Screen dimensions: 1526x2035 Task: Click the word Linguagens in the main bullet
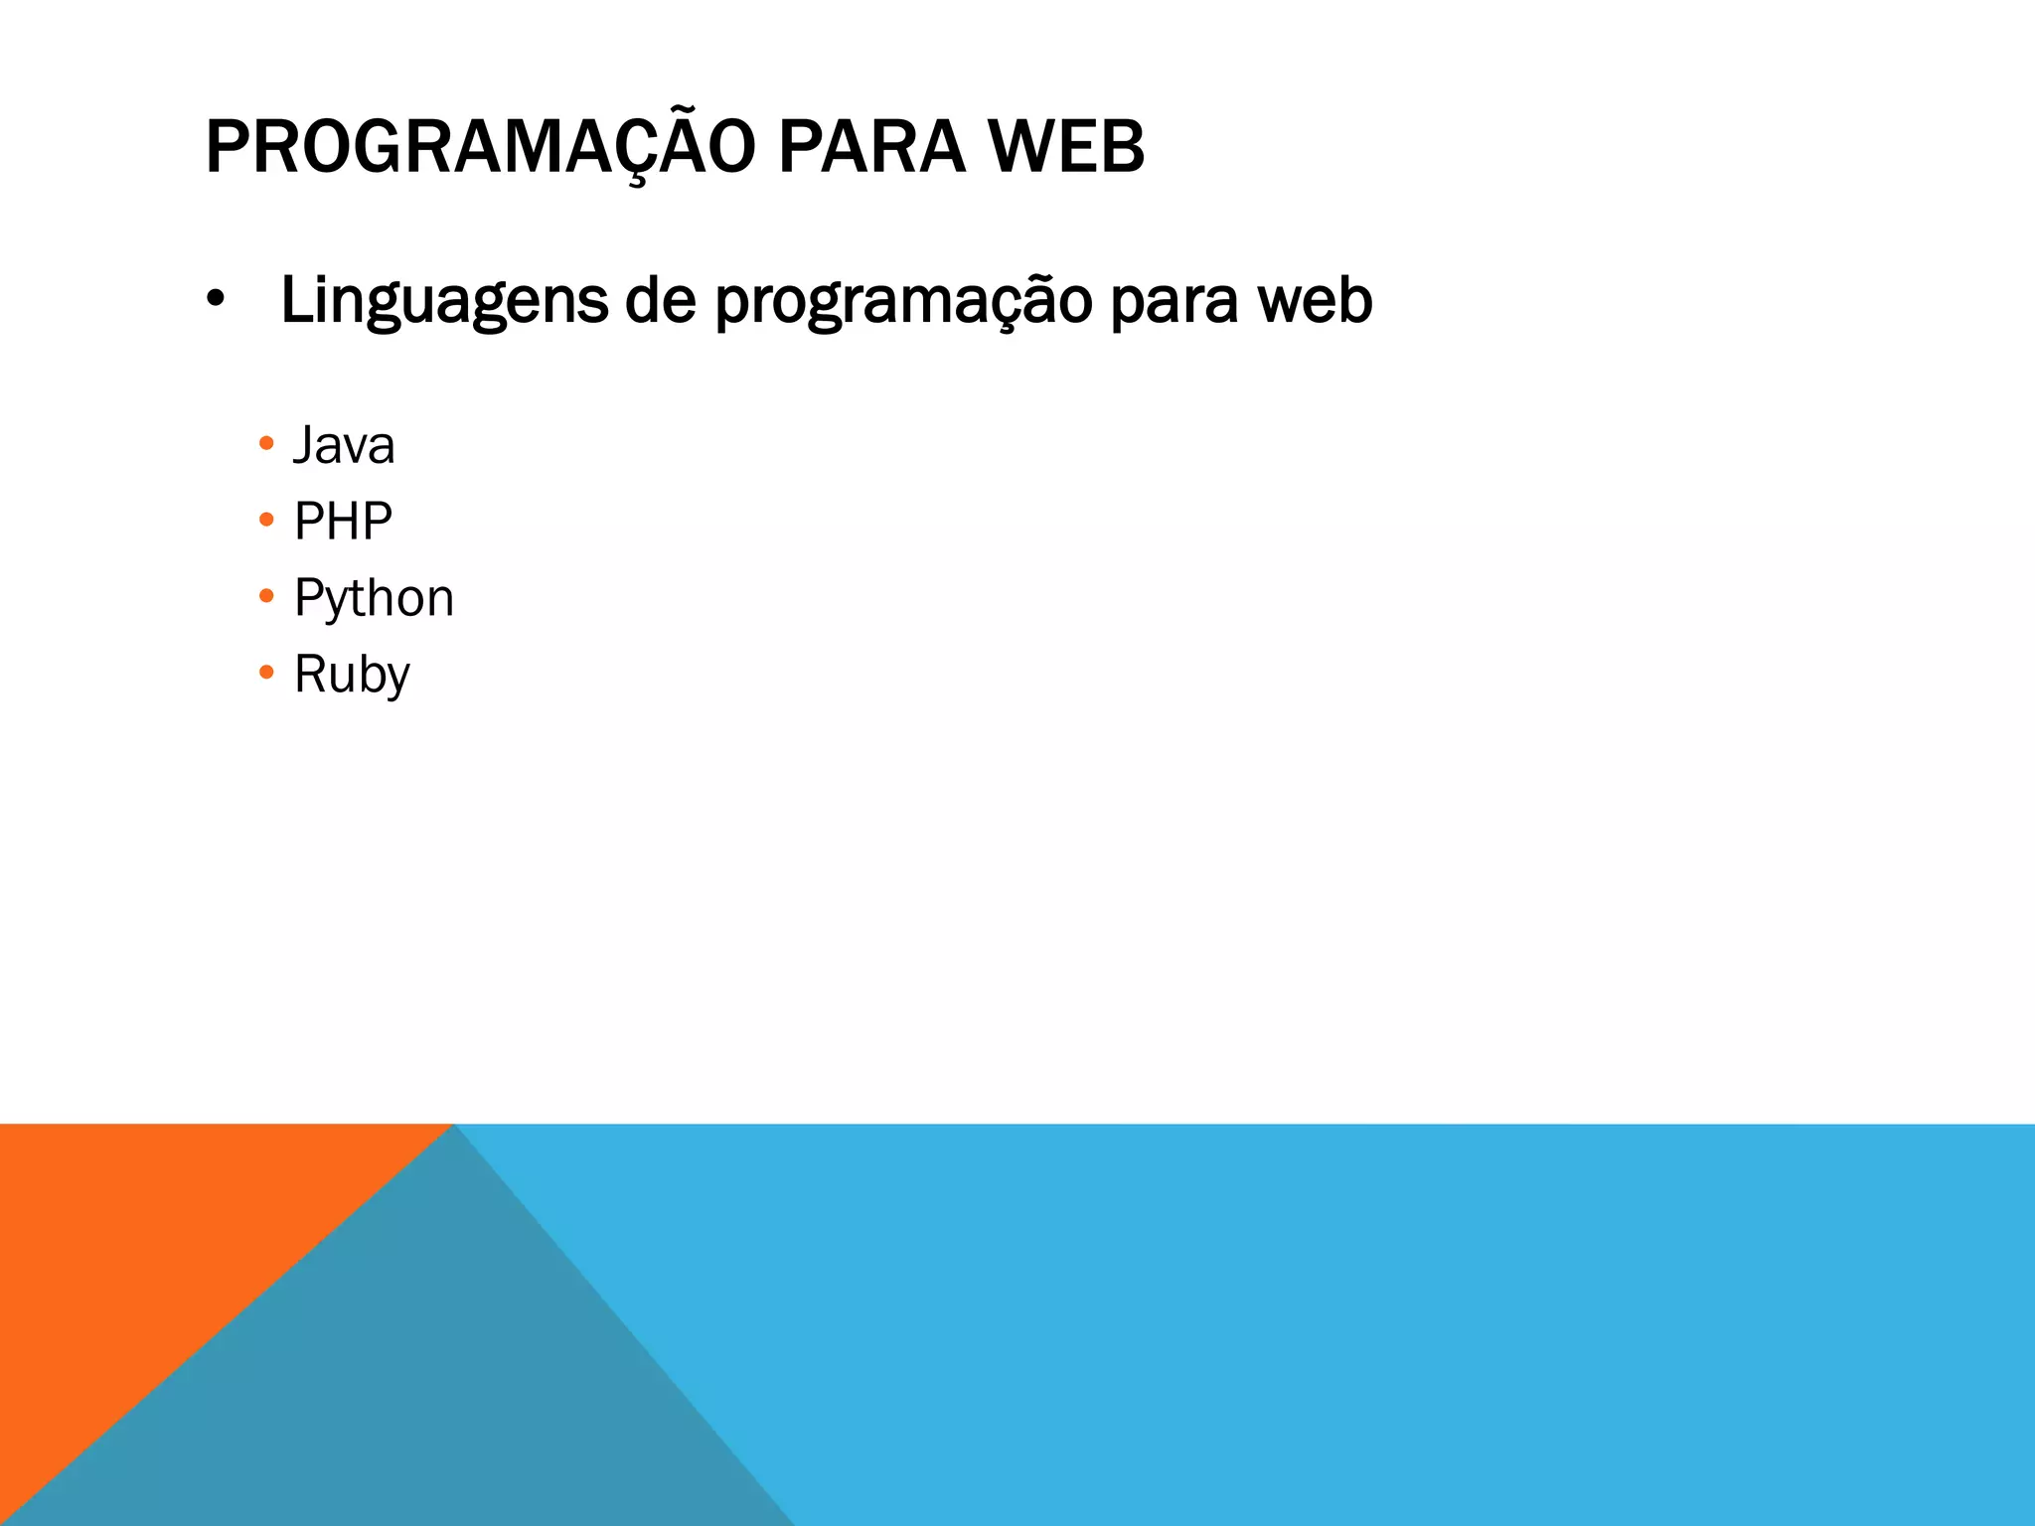click(x=444, y=301)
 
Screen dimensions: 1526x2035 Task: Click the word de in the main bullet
click(x=661, y=301)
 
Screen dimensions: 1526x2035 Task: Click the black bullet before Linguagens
click(x=216, y=299)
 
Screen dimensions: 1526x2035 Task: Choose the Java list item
click(x=344, y=445)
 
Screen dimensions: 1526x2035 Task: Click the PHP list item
click(x=343, y=522)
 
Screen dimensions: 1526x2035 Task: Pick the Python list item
click(x=374, y=599)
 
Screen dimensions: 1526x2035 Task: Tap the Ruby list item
click(x=352, y=676)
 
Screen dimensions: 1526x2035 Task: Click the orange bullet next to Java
click(x=265, y=443)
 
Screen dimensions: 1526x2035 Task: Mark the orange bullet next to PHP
click(x=265, y=520)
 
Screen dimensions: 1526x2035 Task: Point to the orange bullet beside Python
click(x=265, y=596)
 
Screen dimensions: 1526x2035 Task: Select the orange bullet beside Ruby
click(x=265, y=673)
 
